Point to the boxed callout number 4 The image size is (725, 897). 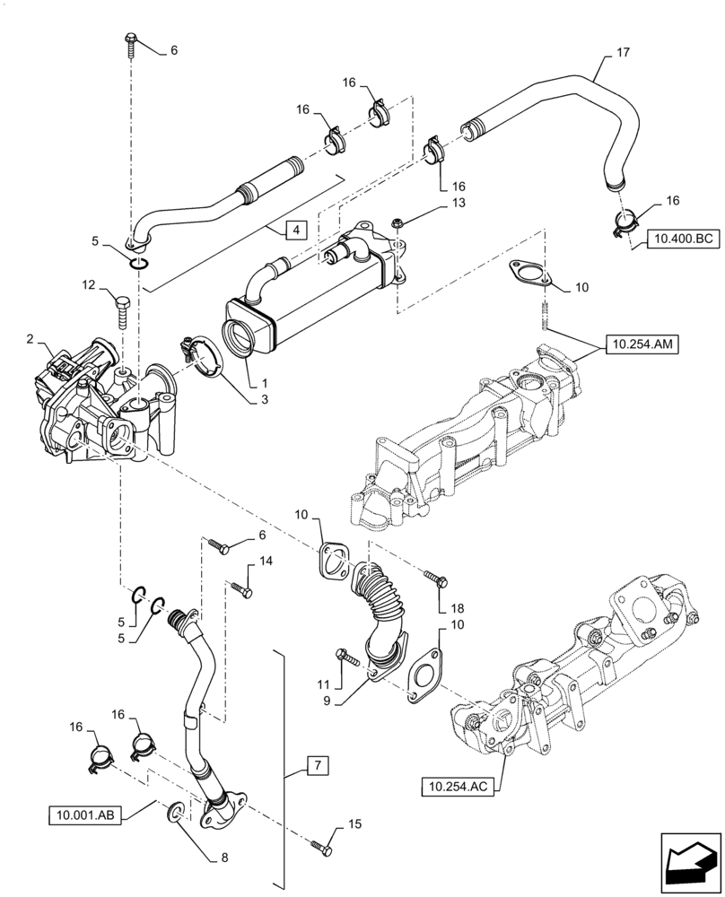(x=293, y=231)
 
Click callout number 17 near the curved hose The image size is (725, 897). (x=623, y=54)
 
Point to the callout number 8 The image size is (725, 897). (x=224, y=858)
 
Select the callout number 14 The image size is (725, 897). (x=266, y=561)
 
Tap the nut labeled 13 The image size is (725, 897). (x=397, y=221)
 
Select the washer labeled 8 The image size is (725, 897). (x=177, y=814)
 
